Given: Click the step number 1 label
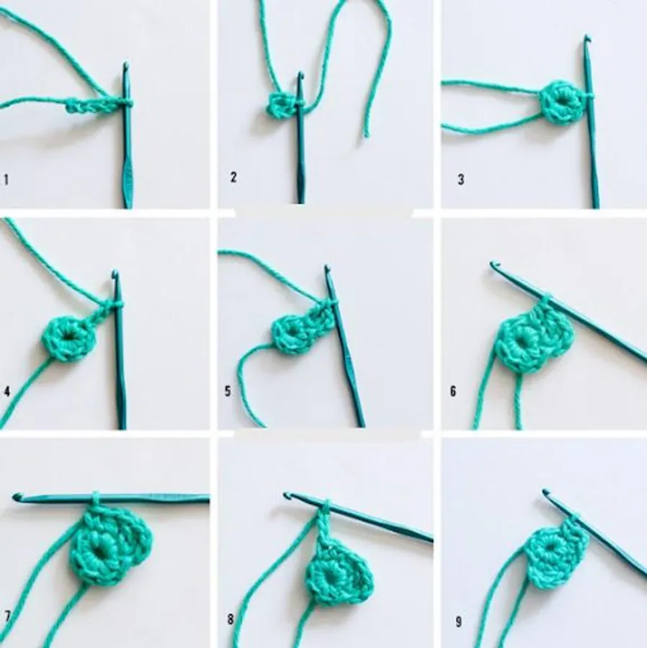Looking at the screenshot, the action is pyautogui.click(x=6, y=180).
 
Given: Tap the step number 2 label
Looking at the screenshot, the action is pyautogui.click(x=233, y=177).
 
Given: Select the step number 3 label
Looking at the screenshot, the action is pyautogui.click(x=461, y=179).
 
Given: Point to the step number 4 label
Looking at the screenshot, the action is pyautogui.click(x=6, y=392).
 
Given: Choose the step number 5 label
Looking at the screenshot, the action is pyautogui.click(x=228, y=391).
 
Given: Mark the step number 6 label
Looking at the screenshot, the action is pyautogui.click(x=453, y=391).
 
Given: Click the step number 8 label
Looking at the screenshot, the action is pyautogui.click(x=231, y=619).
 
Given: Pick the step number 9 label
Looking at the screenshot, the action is pyautogui.click(x=458, y=621).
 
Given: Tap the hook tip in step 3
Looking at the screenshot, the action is pyautogui.click(x=587, y=38).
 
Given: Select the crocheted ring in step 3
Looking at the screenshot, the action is pyautogui.click(x=561, y=102).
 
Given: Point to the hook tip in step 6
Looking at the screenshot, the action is pyautogui.click(x=494, y=264).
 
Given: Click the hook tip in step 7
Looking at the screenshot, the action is pyautogui.click(x=17, y=497).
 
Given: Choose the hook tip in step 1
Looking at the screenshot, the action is pyautogui.click(x=125, y=66).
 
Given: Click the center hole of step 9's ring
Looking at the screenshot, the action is pyautogui.click(x=550, y=546).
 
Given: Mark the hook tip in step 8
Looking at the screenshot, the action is pyautogui.click(x=287, y=495).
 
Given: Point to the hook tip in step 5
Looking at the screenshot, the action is pyautogui.click(x=327, y=269).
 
